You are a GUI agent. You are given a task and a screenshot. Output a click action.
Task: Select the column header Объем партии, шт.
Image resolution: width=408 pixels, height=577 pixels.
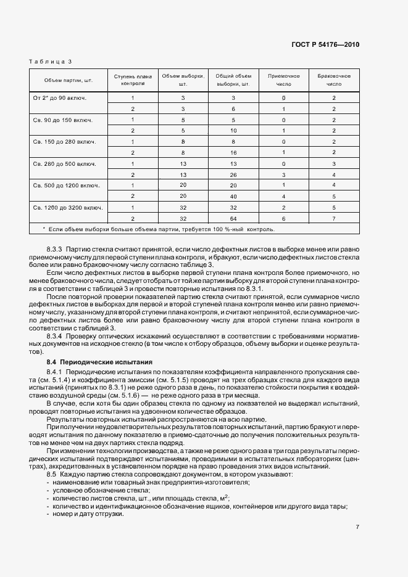tap(68, 80)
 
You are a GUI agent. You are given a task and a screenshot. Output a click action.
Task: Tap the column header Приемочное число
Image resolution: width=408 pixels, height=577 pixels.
tap(283, 80)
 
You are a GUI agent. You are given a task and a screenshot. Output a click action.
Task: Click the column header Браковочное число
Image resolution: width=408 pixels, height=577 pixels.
tap(334, 80)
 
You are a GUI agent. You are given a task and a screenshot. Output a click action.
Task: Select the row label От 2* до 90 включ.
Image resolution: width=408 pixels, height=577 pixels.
tap(60, 98)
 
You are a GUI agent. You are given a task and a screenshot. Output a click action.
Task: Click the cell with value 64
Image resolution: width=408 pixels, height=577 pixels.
tap(233, 218)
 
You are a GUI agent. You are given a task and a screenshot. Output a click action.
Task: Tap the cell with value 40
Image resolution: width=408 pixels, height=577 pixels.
tap(233, 196)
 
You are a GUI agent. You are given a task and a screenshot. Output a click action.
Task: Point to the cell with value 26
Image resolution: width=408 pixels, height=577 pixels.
tap(233, 174)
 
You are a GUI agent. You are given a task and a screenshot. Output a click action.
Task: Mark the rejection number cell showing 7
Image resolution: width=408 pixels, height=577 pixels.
tap(334, 218)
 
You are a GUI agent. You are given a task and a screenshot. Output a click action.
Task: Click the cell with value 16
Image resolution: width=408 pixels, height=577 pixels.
tap(233, 152)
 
